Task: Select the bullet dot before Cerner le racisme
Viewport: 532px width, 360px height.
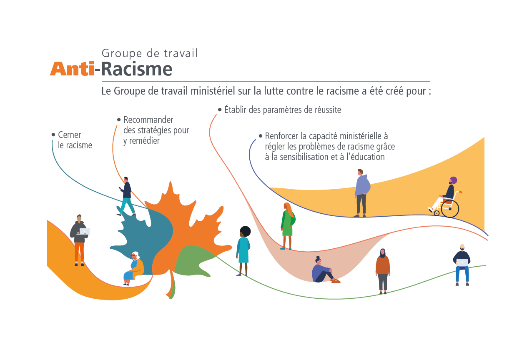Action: (53, 135)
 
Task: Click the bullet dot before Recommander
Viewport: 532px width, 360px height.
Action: (119, 120)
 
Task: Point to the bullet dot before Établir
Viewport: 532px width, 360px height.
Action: (220, 110)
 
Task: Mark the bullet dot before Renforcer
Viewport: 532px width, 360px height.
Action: (261, 136)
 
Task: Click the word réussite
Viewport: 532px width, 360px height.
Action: (327, 110)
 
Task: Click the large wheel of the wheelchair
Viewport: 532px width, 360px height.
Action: (450, 209)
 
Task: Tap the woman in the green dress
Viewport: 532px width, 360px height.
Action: (287, 225)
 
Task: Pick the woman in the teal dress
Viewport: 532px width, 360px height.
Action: (243, 250)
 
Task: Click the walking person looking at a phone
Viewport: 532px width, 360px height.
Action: (126, 196)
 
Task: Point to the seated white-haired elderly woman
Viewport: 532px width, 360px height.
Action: (134, 268)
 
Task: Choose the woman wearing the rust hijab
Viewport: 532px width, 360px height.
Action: (382, 270)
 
